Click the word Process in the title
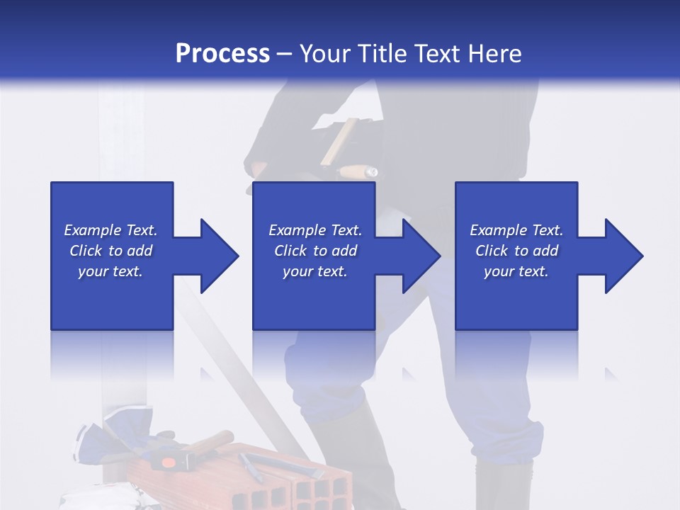pos(222,54)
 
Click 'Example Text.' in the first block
pos(110,230)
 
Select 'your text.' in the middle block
pos(314,271)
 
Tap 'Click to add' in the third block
pos(516,251)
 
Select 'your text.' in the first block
pos(110,271)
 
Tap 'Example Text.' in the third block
pos(516,230)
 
